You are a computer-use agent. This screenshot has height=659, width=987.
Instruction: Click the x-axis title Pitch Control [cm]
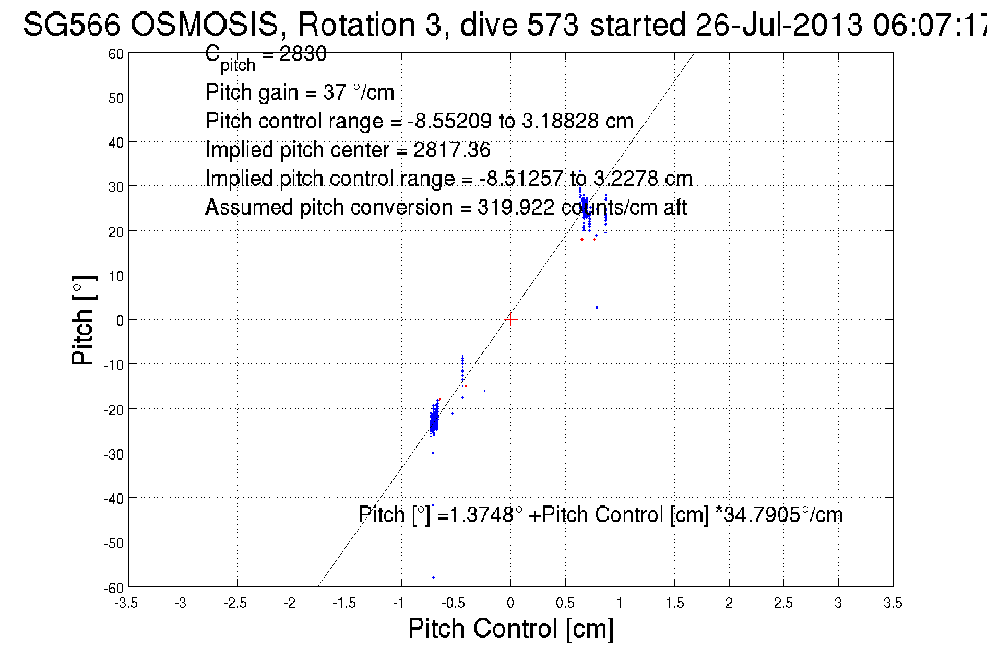(510, 628)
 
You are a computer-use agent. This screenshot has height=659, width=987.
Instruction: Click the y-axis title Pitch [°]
(84, 320)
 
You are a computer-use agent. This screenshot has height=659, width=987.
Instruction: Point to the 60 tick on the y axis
(116, 54)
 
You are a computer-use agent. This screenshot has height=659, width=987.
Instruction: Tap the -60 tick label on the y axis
(114, 588)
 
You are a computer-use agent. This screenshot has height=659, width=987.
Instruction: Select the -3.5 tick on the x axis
(126, 603)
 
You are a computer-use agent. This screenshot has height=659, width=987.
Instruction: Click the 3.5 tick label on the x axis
(893, 603)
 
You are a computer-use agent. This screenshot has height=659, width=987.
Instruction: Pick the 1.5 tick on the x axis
(674, 603)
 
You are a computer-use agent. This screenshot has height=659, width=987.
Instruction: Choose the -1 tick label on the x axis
(399, 603)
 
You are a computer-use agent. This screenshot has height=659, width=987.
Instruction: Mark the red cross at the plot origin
(510, 320)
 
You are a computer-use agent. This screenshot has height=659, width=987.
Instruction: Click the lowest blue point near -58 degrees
(433, 577)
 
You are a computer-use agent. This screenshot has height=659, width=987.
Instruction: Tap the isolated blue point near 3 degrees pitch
(597, 308)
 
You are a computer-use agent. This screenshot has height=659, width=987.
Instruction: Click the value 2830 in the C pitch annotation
(303, 54)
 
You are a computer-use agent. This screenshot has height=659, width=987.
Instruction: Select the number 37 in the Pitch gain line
(334, 92)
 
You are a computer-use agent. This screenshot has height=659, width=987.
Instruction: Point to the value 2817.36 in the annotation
(452, 150)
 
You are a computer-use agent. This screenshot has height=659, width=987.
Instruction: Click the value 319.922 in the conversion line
(516, 207)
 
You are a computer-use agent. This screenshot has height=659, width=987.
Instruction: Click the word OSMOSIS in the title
(204, 25)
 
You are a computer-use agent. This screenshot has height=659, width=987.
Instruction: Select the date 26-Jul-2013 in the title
(779, 25)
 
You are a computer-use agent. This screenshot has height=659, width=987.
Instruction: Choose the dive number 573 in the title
(553, 25)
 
